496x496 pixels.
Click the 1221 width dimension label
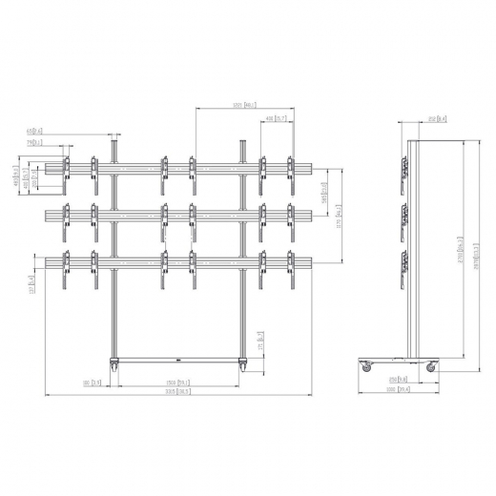[244, 105]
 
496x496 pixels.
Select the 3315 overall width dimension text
[176, 391]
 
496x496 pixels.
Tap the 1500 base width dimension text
[177, 382]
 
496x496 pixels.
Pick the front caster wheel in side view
[431, 366]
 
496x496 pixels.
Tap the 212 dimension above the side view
[433, 118]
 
